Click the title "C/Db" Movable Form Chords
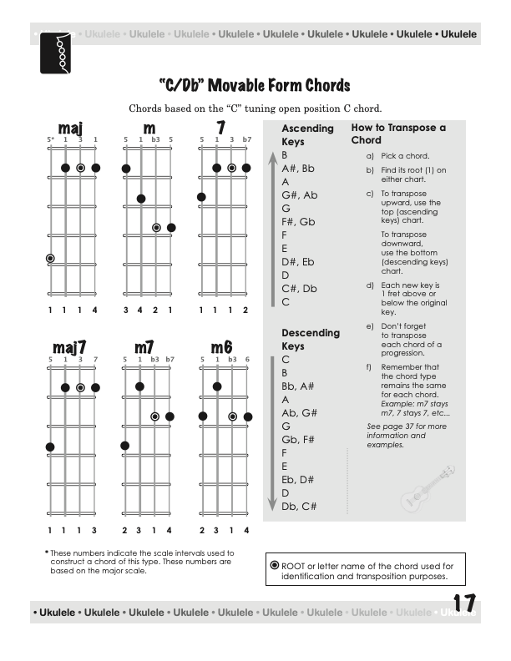pos(255,86)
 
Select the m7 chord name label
pos(148,346)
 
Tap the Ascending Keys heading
pos(307,134)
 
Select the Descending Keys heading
pos(311,339)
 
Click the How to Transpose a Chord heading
pos(398,134)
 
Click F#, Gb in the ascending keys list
pos(298,221)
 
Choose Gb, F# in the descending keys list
pos(298,439)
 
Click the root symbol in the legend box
pos(275,565)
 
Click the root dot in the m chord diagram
pos(156,227)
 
